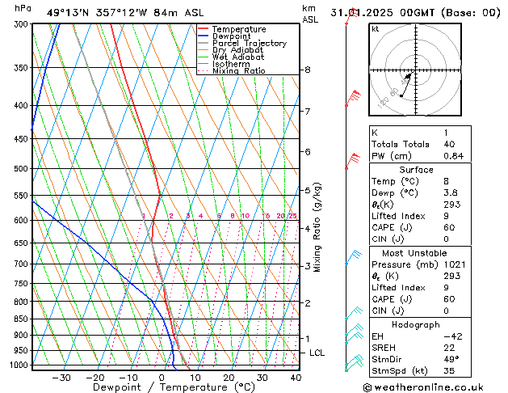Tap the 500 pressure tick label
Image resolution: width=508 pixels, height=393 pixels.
pos(20,169)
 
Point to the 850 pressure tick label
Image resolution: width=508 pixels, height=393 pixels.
pos(20,319)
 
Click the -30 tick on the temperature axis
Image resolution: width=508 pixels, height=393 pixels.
pos(61,377)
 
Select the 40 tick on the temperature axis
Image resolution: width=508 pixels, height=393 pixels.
pos(296,377)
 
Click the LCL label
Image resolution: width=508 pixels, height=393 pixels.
pos(317,353)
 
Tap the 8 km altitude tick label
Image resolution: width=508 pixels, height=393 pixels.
pos(308,70)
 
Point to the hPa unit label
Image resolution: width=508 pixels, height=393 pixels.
pos(23,8)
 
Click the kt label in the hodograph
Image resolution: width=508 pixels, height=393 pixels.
pos(376,28)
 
